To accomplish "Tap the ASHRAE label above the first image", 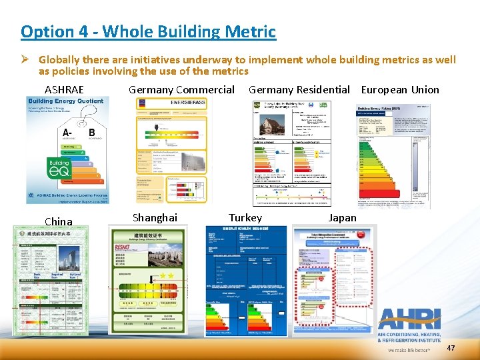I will [x=64, y=89].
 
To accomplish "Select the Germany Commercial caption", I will [x=181, y=89].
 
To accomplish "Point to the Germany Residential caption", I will [x=299, y=89].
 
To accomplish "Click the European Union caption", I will [x=400, y=89].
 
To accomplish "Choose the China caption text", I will [x=58, y=221].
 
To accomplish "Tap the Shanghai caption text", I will [x=155, y=218].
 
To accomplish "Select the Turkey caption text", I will [x=245, y=218].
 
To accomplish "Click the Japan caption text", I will [x=342, y=218].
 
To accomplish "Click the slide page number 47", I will [x=451, y=348].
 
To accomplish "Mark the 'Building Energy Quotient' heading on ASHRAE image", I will [x=65, y=101].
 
